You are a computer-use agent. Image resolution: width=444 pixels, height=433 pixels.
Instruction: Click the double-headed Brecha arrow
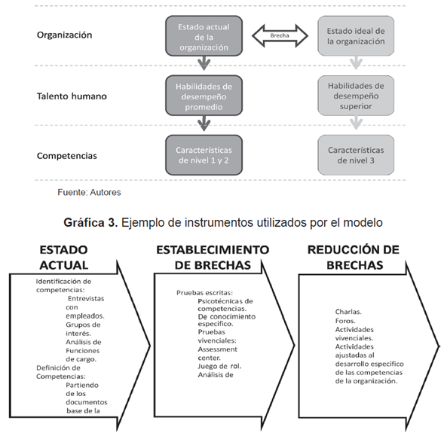280,35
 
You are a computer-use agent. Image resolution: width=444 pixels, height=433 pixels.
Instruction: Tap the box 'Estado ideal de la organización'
355,35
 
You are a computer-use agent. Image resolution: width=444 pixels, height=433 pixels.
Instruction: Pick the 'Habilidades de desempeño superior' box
355,94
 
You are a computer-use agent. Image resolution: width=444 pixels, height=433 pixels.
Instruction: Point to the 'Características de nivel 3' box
355,156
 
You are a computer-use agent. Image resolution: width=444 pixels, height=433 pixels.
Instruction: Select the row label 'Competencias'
69,156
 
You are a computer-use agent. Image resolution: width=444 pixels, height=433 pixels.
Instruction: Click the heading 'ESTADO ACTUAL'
63,256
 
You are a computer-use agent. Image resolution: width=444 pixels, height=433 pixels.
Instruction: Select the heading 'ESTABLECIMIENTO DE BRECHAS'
212,256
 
